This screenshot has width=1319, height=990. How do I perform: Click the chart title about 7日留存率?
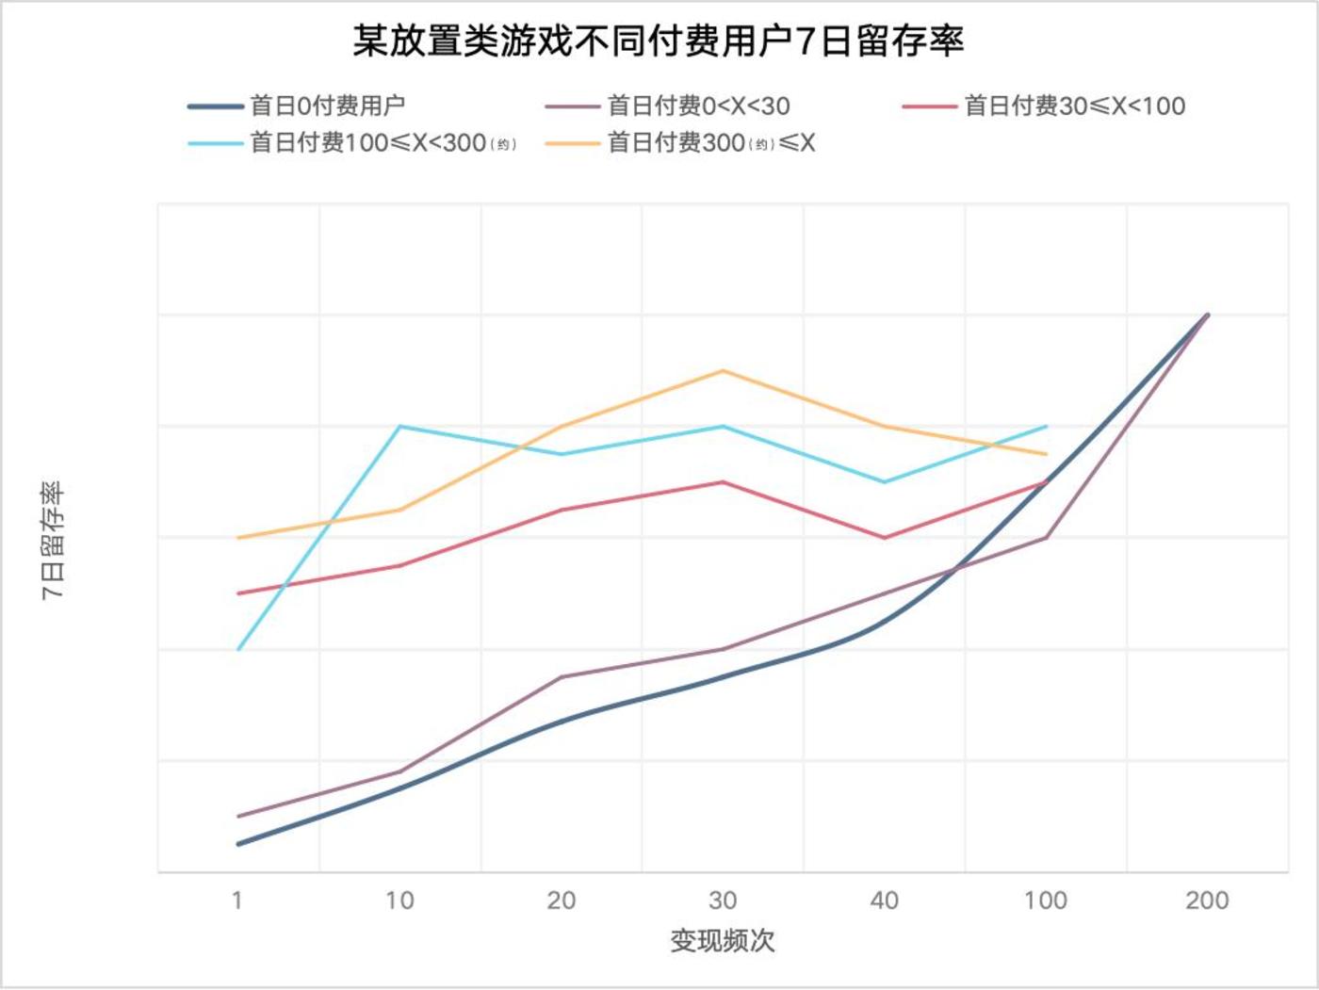pos(659,41)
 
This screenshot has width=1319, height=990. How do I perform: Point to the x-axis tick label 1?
pos(237,901)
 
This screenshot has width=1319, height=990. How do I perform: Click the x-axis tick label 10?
pos(399,901)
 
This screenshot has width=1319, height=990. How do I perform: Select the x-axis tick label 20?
pos(562,901)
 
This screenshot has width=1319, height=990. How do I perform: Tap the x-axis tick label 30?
pos(723,901)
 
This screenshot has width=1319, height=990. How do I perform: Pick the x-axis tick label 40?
pos(885,901)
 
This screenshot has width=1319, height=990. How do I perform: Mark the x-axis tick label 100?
pos(1046,901)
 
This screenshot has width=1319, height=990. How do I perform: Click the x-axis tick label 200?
pos(1207,901)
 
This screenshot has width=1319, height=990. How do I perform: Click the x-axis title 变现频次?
pos(723,940)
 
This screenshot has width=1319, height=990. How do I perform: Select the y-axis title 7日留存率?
pos(53,541)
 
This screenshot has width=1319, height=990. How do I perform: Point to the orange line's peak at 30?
pos(723,370)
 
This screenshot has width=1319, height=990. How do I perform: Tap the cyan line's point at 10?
pos(399,427)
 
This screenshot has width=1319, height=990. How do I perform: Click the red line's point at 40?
pos(885,538)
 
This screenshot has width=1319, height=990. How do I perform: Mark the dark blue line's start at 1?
pos(238,844)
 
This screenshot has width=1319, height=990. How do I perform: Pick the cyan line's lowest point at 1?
pos(238,650)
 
